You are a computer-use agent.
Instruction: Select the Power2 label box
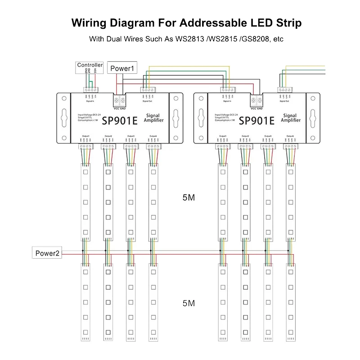[47, 253]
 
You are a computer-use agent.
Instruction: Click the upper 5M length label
[189, 197]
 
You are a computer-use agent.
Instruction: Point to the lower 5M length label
[189, 303]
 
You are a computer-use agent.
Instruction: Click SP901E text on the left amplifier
[119, 121]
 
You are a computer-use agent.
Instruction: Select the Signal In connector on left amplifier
[91, 90]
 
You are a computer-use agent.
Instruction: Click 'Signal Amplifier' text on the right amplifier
[291, 118]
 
